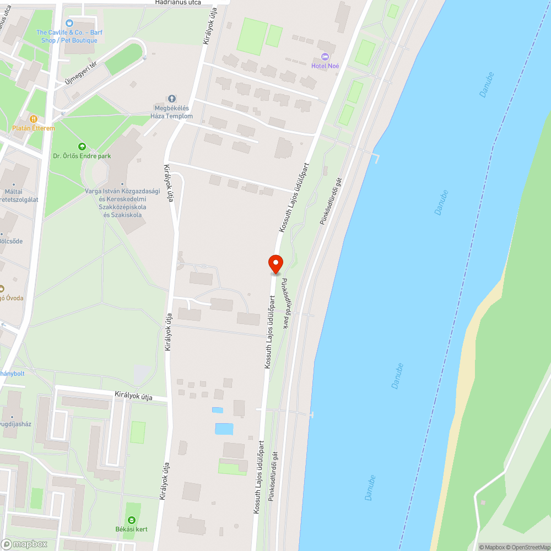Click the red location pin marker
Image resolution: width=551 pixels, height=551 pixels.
[275, 264]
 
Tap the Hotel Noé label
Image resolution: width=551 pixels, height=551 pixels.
[325, 66]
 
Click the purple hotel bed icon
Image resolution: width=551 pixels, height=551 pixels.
[325, 57]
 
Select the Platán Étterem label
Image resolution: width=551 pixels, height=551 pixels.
[34, 128]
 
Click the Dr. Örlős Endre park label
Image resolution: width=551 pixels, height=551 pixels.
[82, 156]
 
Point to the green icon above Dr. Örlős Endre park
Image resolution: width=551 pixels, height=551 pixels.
[82, 147]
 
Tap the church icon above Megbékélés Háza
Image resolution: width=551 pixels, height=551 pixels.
[172, 99]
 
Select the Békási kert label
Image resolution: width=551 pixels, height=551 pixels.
[131, 530]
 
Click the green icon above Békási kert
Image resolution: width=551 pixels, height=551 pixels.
[131, 520]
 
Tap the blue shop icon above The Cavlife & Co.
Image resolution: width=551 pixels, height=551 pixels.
[69, 23]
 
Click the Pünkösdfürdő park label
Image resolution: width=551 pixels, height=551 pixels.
[286, 304]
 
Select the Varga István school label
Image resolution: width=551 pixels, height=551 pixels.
[122, 203]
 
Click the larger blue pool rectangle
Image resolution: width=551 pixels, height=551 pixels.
[224, 429]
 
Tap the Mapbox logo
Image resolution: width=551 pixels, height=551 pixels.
[24, 544]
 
